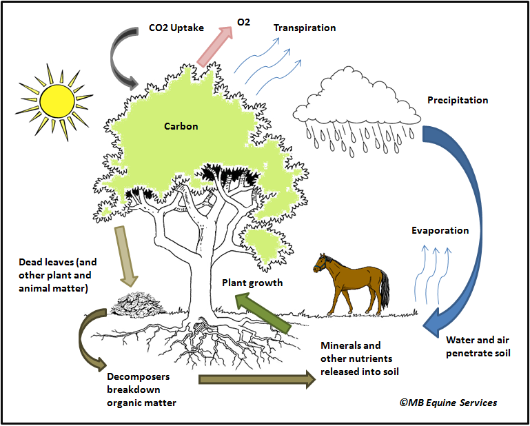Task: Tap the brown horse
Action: click(351, 279)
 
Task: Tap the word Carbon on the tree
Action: click(181, 126)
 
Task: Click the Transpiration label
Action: click(305, 28)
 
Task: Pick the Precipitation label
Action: click(458, 101)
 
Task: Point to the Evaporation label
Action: click(440, 230)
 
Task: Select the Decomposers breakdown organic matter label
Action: click(141, 390)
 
